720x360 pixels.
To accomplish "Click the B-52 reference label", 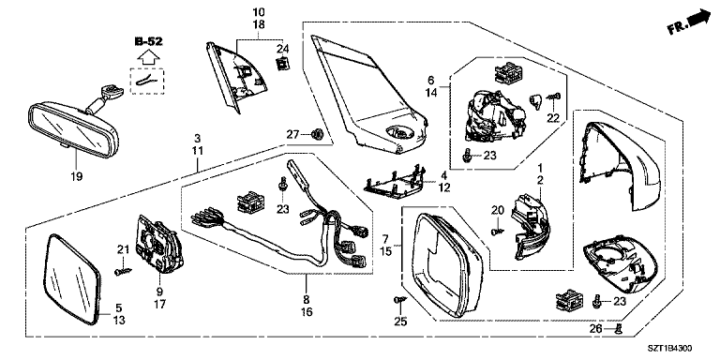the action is pos(148,42).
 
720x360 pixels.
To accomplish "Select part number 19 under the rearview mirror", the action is pos(77,176).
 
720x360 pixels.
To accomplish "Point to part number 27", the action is pos(292,134).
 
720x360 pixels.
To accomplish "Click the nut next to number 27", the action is pos(315,135).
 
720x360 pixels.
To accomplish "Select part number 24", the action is pos(282,48).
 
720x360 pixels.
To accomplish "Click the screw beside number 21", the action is pos(122,272).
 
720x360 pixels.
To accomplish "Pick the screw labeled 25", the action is pos(398,299).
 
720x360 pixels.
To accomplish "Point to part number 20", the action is pos(498,211).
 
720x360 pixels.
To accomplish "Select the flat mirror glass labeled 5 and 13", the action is pos(73,279).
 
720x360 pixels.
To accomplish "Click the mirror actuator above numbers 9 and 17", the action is pos(158,246).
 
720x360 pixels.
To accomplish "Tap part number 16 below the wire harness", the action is pos(307,312).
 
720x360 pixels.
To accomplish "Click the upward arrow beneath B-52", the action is pos(149,57).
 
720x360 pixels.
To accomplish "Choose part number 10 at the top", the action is pos(259,11).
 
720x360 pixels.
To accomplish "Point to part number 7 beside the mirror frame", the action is pos(386,239).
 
